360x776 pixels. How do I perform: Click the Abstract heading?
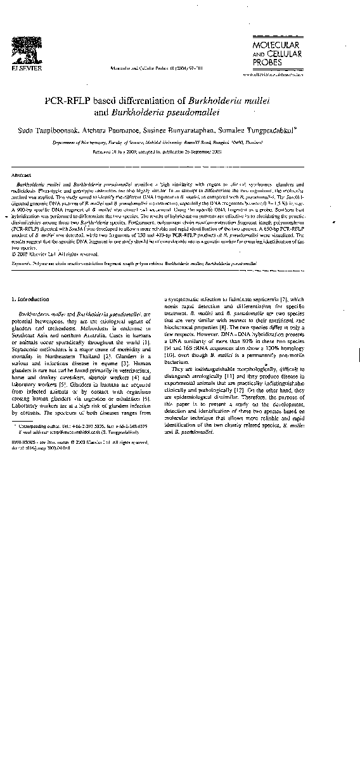pos(22,174)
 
